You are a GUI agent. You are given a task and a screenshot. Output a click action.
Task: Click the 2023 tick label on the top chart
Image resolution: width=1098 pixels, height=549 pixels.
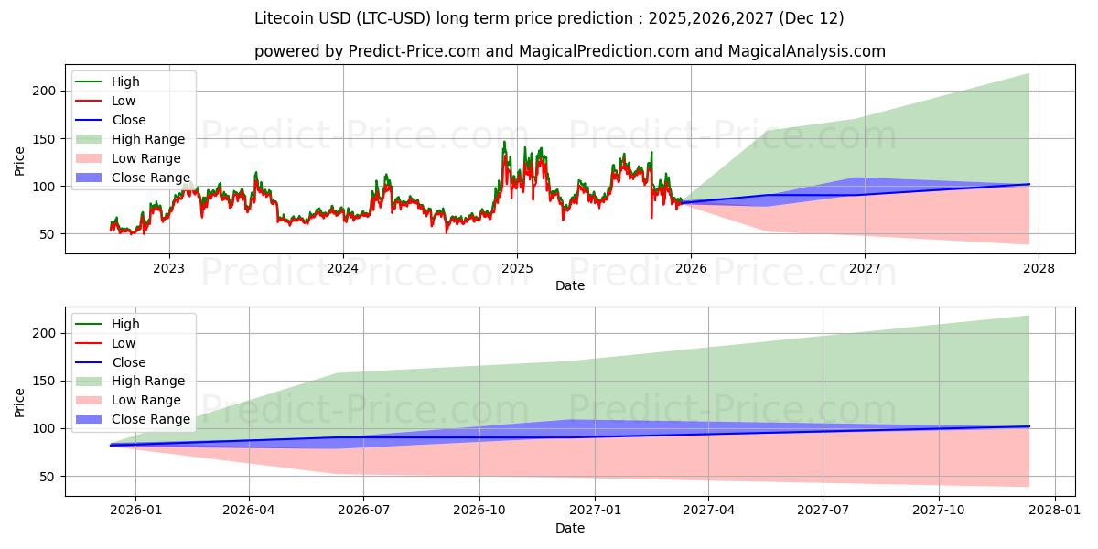tap(168, 268)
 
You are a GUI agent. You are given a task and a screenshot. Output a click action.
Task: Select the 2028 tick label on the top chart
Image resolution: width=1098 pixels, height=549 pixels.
tap(1039, 268)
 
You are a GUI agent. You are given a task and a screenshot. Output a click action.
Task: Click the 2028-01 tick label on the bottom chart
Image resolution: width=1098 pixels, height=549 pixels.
tap(1055, 511)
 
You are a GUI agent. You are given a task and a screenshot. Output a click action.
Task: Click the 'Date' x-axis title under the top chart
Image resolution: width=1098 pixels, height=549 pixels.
tap(569, 285)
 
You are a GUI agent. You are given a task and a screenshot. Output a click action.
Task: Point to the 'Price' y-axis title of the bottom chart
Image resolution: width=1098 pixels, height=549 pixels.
tap(20, 402)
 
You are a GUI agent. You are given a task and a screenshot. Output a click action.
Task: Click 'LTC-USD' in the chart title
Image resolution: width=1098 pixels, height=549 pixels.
tap(396, 18)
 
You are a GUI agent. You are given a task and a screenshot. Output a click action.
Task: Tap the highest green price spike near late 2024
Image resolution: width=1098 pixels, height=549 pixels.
tap(503, 142)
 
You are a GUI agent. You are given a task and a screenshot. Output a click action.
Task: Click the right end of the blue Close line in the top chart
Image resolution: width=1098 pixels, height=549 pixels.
tap(1028, 184)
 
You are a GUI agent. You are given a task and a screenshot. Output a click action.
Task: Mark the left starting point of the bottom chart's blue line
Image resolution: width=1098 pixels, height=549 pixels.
tap(111, 445)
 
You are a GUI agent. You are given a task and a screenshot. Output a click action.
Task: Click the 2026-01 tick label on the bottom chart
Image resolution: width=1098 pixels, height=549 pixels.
tap(135, 511)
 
